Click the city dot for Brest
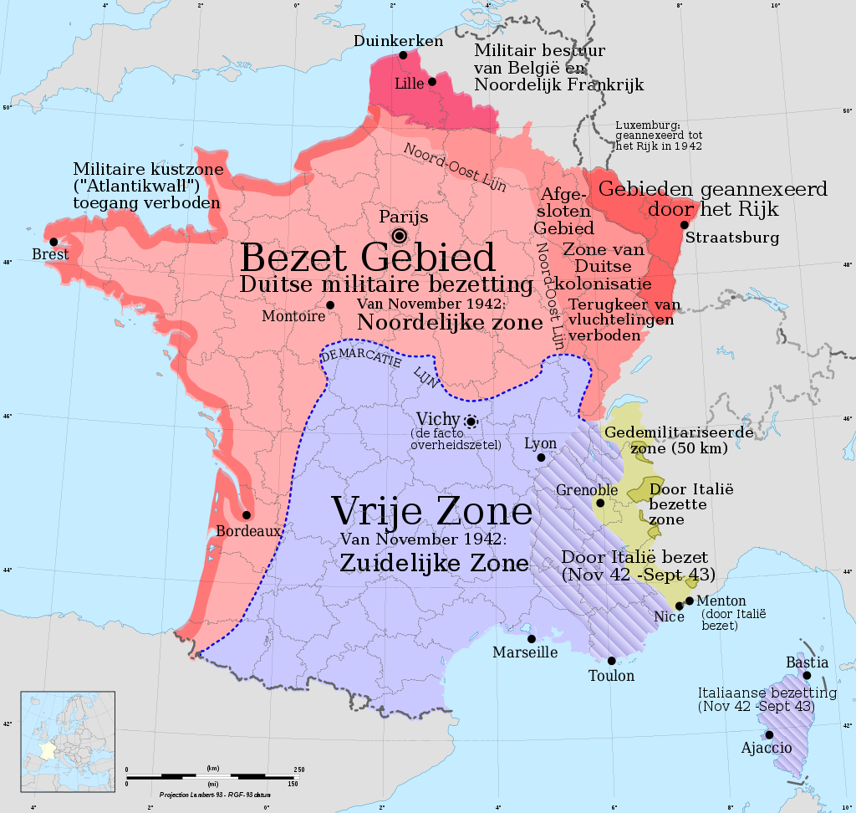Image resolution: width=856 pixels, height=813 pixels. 54,242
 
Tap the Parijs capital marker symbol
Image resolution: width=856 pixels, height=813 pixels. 400,235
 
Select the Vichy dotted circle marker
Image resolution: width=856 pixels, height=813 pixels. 471,422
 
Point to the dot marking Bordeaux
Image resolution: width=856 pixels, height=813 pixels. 247,515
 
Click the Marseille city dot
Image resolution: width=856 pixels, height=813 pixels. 531,638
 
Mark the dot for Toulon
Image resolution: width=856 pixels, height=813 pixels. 612,661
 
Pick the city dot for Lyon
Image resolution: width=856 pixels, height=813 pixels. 541,458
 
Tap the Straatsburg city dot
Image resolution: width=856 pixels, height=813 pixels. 685,224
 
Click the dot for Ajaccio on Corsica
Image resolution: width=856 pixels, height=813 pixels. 768,734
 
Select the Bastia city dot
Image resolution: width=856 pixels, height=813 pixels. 807,675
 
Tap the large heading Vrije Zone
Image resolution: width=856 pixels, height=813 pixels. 431,511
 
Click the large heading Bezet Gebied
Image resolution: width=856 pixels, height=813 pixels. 368,257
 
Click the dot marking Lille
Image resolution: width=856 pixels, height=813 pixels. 432,81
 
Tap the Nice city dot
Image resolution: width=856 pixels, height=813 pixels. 680,606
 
